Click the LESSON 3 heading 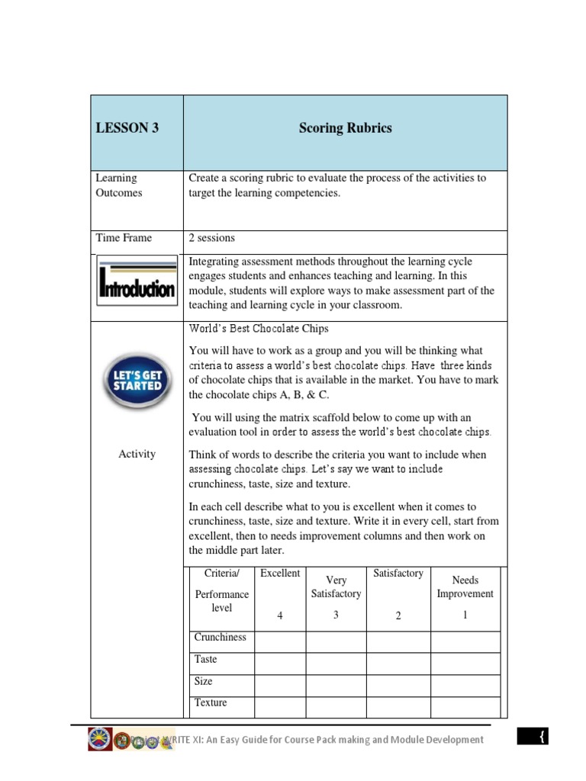coord(127,128)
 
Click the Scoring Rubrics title coord(345,128)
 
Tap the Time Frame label coord(124,238)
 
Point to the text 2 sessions coord(212,238)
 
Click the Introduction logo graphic coord(137,281)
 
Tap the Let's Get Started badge coord(137,380)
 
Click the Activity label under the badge coord(137,454)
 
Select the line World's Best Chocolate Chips coord(259,329)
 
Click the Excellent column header coord(280,574)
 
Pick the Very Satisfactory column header coord(336,587)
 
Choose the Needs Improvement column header coord(465,587)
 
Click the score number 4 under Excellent coord(280,616)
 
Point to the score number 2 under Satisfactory coord(398,616)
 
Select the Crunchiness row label coord(220,638)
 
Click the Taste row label coord(205,659)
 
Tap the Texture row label coord(211,702)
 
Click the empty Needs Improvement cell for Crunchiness coord(465,642)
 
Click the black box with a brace coord(542,737)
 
